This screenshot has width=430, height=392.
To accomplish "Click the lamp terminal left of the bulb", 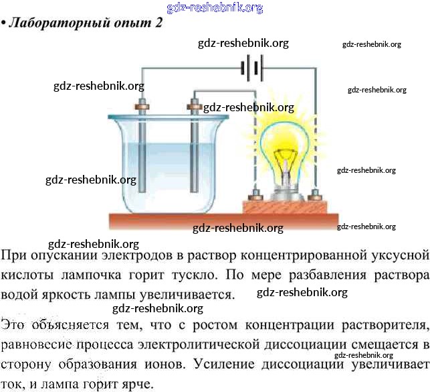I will click(254, 196).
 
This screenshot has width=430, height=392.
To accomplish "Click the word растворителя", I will click(384, 326).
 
